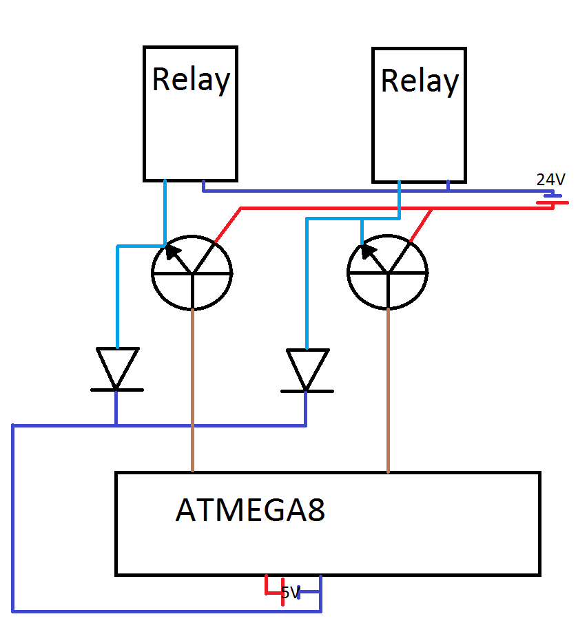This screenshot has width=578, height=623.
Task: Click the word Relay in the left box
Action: [190, 80]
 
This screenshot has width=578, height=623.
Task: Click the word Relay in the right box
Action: [419, 81]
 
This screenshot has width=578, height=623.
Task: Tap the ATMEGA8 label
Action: [250, 511]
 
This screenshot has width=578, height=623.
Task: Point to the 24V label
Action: [551, 180]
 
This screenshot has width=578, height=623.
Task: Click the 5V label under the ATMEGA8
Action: [290, 592]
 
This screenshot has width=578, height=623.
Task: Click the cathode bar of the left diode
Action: [117, 390]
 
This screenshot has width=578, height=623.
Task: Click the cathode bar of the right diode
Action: [307, 391]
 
